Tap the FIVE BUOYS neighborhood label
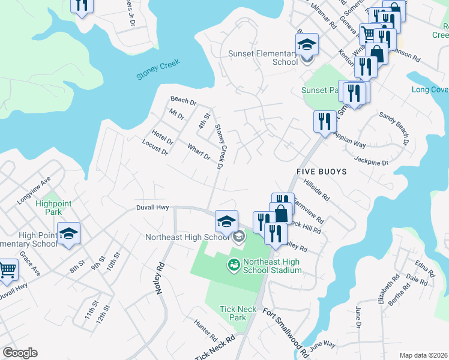[321, 172]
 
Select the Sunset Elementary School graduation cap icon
[307, 45]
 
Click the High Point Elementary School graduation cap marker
[68, 233]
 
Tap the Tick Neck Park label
[238, 313]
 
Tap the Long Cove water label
[430, 90]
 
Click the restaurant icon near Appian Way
[324, 121]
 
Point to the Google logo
[20, 353]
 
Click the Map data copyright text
[423, 355]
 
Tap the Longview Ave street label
[37, 185]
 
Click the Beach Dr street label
[183, 100]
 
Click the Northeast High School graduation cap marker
[226, 221]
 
